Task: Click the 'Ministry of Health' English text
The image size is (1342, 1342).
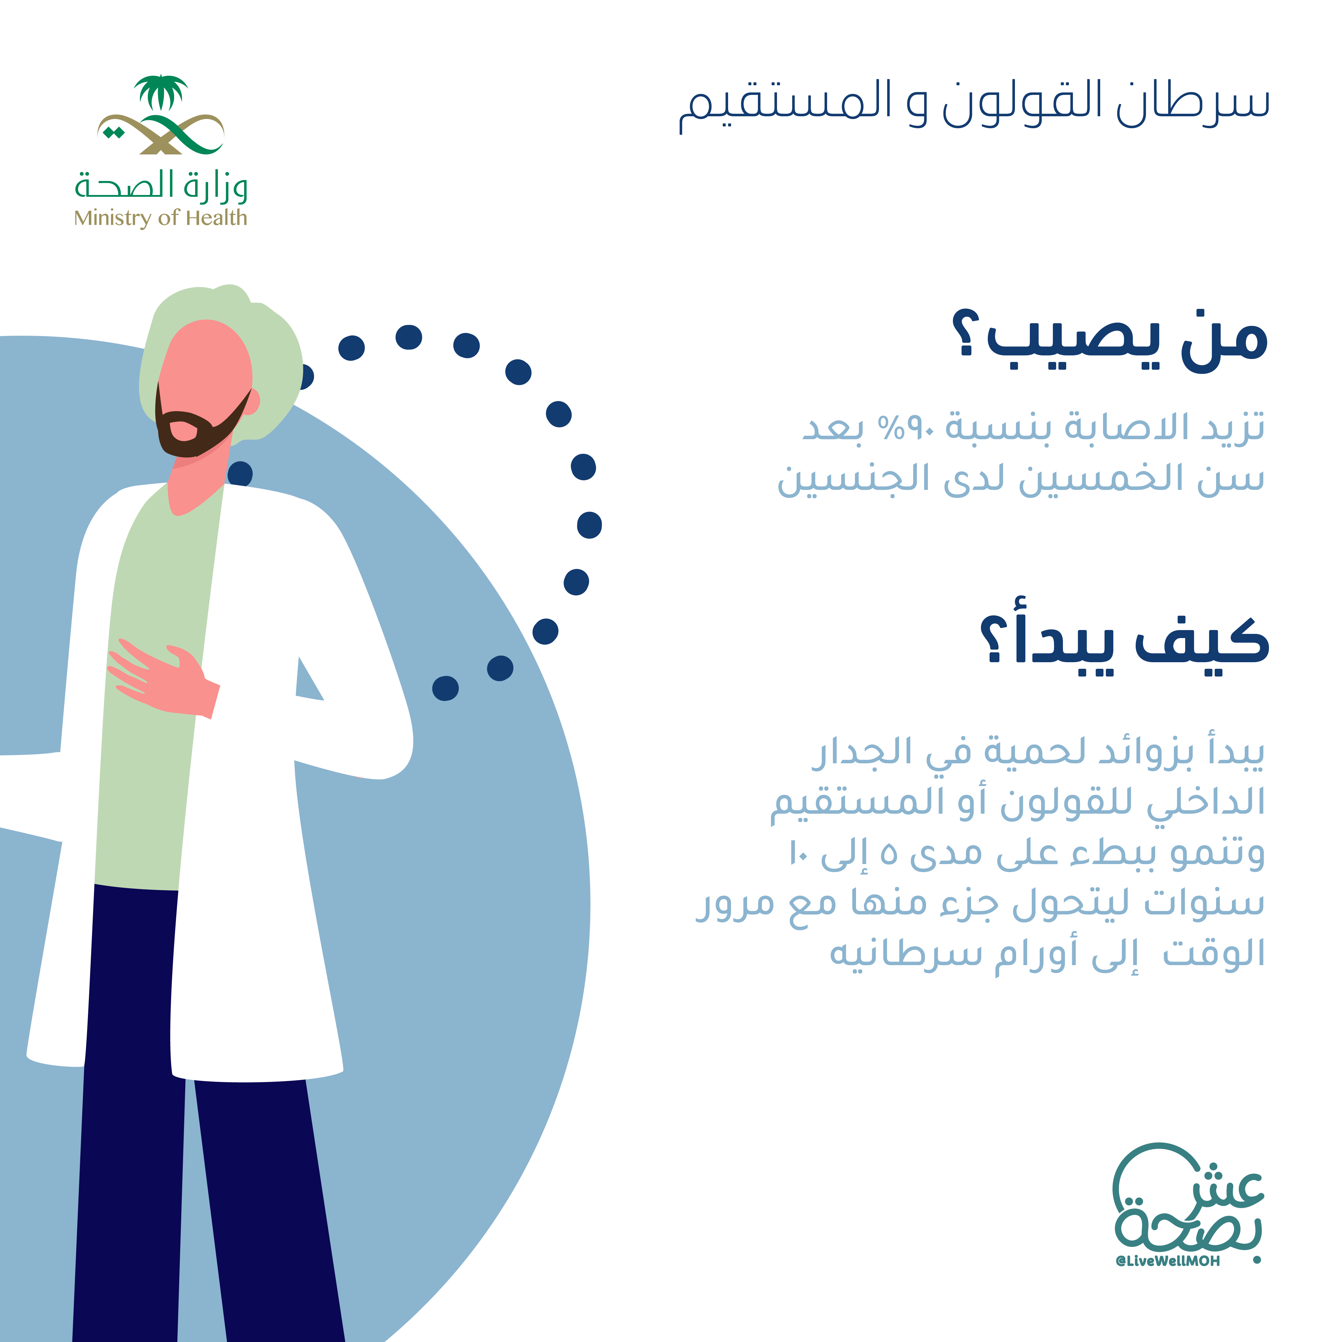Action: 160,218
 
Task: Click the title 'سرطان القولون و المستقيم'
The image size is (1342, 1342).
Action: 974,106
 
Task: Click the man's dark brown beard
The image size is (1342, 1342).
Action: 194,427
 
